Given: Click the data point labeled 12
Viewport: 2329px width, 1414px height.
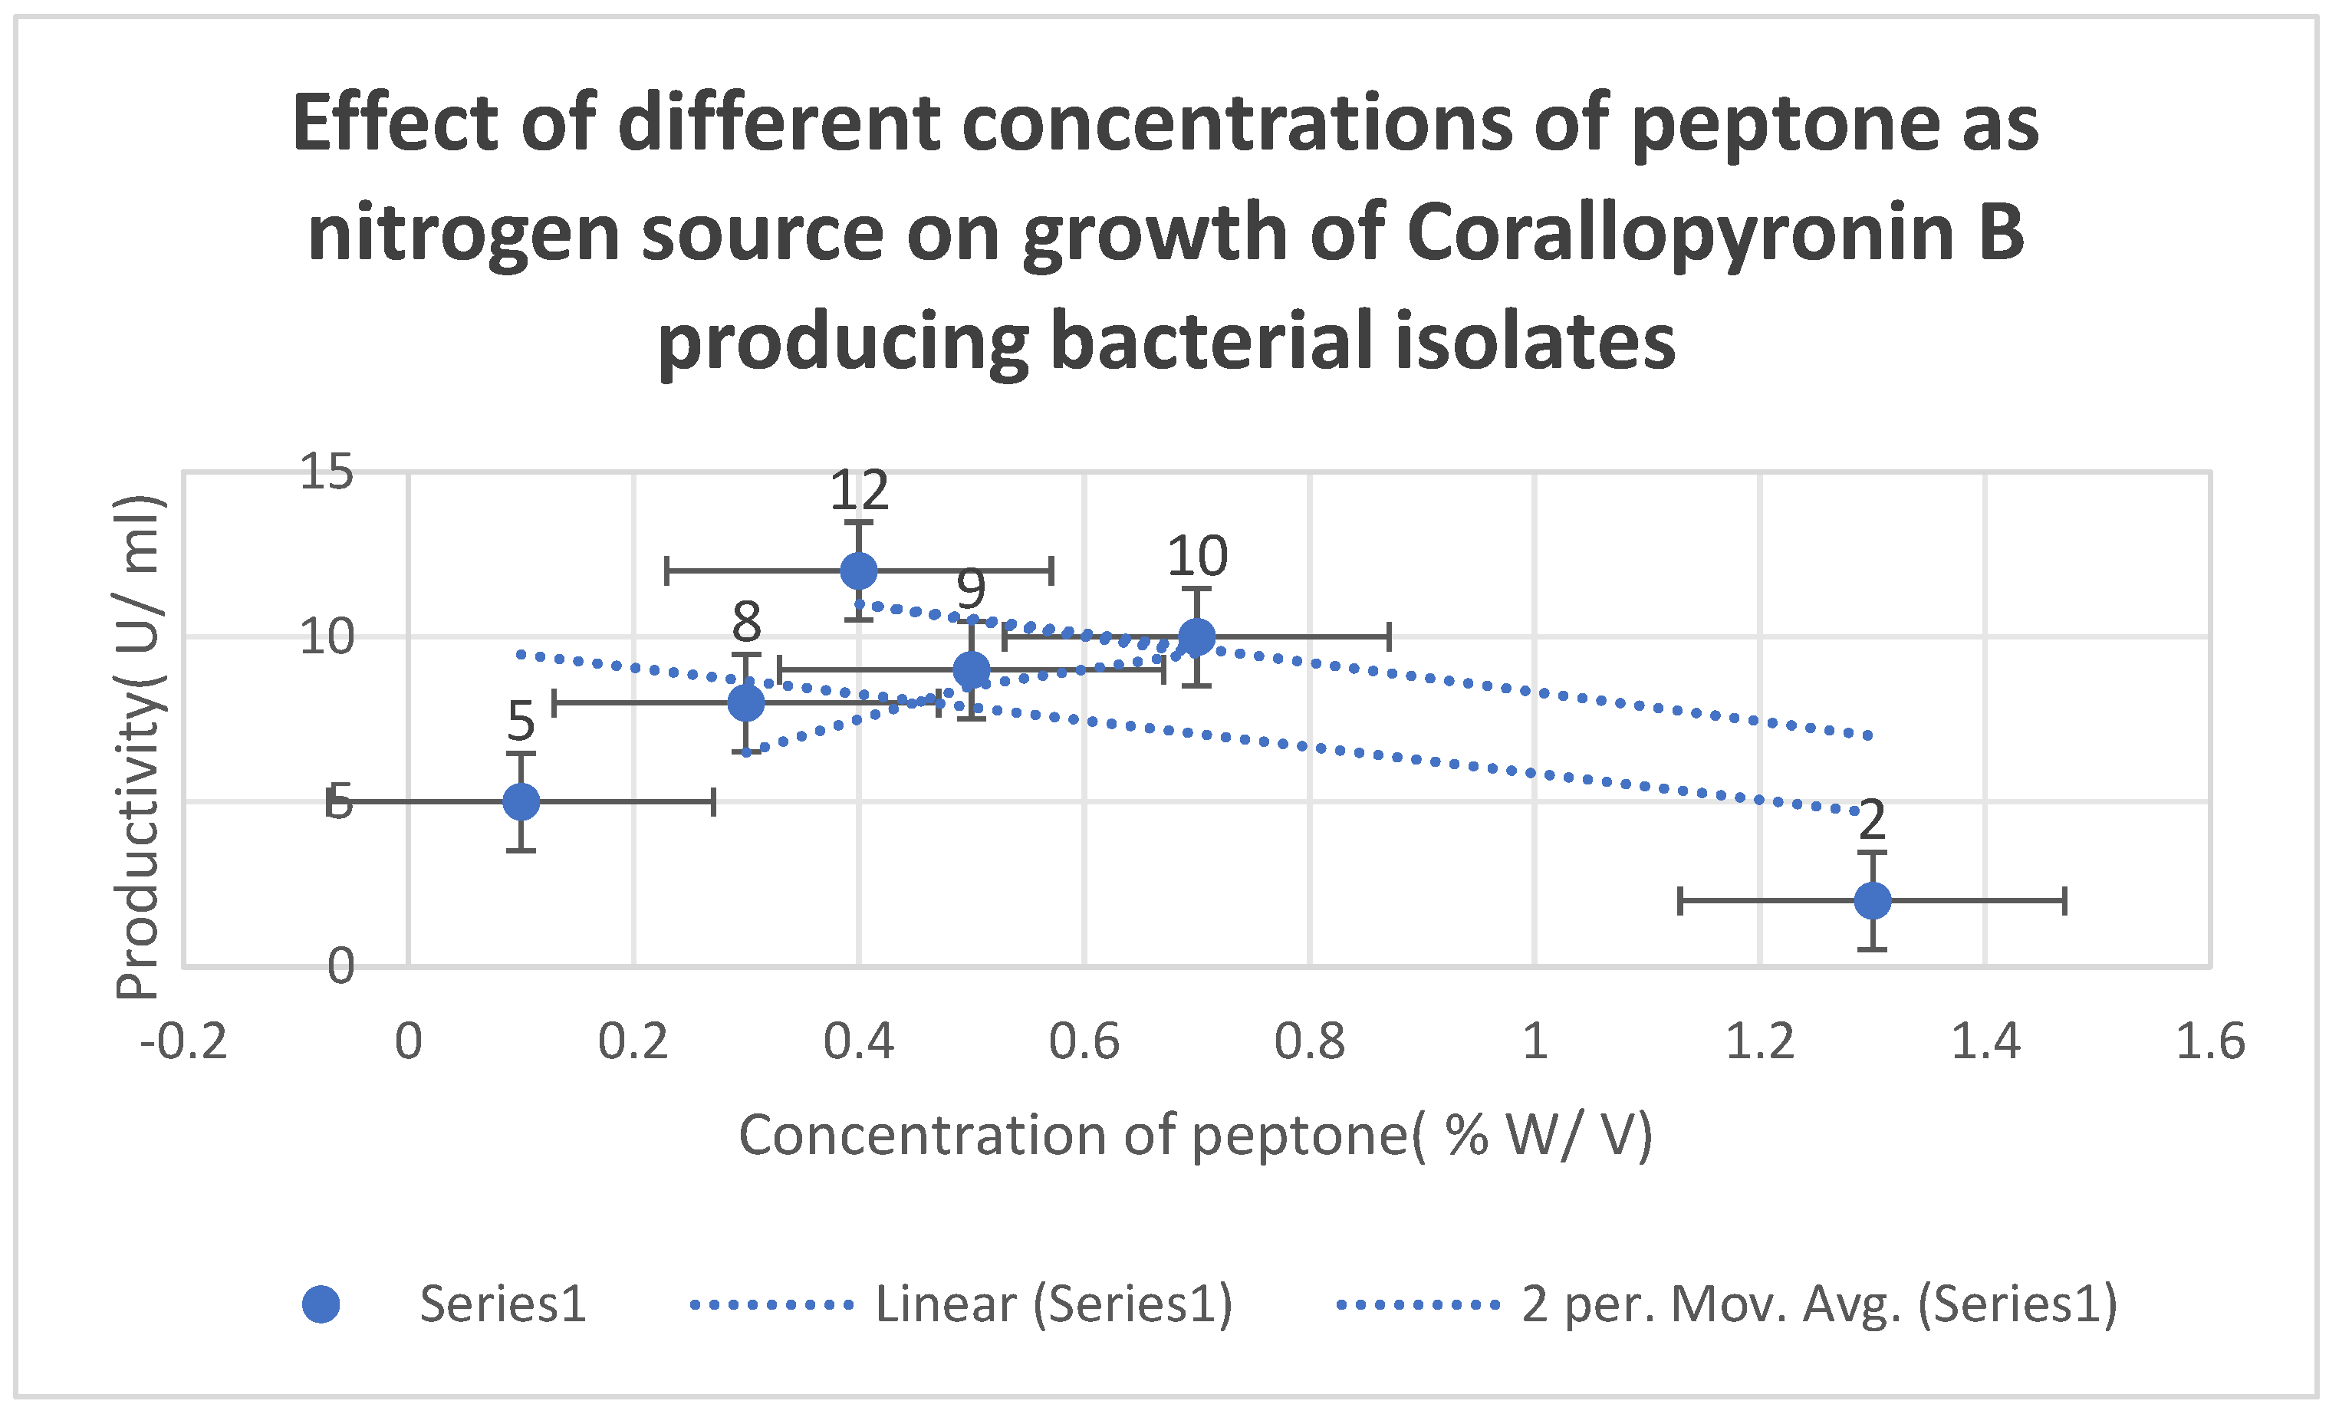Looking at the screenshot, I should pyautogui.click(x=858, y=571).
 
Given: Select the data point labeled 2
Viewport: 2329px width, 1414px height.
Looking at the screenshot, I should pyautogui.click(x=1871, y=901).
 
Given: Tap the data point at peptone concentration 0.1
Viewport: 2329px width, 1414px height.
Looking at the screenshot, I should pyautogui.click(x=521, y=801).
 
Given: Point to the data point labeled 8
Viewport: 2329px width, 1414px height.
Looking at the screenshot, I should pyautogui.click(x=745, y=702).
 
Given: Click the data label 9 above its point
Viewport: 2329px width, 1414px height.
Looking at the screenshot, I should pyautogui.click(x=971, y=590).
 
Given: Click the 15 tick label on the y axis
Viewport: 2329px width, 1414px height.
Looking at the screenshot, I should pyautogui.click(x=326, y=472).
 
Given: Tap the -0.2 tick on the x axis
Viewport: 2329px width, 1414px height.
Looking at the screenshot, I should pyautogui.click(x=183, y=1041).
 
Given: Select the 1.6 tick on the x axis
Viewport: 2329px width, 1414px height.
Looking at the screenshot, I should pyautogui.click(x=2210, y=1041).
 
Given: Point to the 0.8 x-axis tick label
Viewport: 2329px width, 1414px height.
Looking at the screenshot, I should pyautogui.click(x=1309, y=1041).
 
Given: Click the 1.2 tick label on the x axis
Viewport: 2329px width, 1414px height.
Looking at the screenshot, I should pyautogui.click(x=1759, y=1041).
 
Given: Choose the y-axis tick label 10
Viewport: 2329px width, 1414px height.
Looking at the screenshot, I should pyautogui.click(x=326, y=637).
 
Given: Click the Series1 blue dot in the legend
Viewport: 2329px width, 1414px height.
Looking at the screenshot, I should pyautogui.click(x=321, y=1304).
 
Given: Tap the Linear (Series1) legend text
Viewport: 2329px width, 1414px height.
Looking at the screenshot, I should pyautogui.click(x=1053, y=1304).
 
